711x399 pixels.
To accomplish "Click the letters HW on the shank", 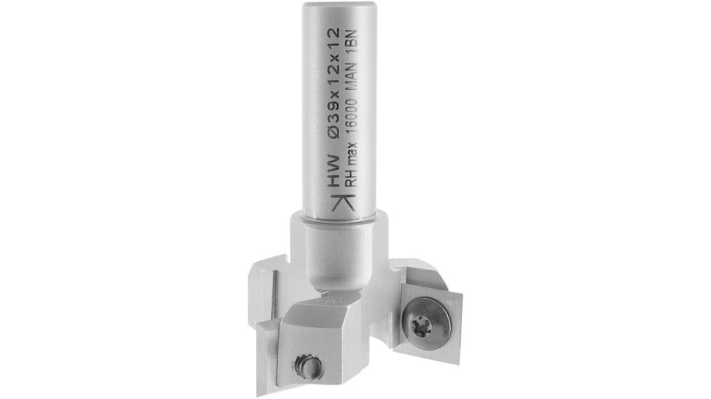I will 331,173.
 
